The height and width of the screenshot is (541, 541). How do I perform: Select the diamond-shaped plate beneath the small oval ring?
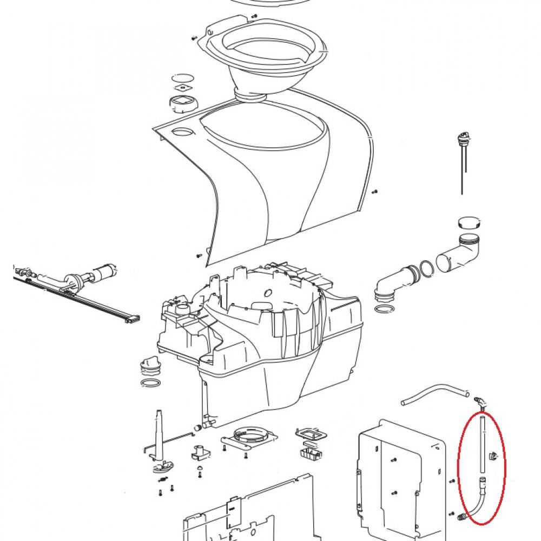(182, 88)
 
